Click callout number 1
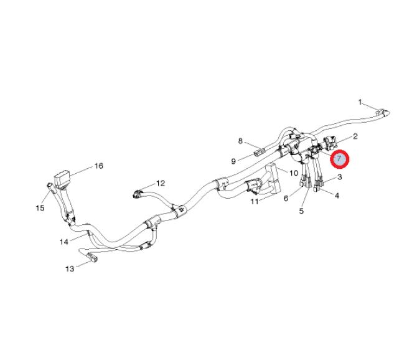360,101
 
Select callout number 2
355,136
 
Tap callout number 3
340,178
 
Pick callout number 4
337,196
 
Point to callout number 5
301,211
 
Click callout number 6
286,199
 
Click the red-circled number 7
339,159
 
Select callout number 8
240,141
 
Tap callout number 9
233,161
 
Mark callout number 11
255,202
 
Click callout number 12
161,183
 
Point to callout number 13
70,268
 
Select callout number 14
63,241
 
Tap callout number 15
40,208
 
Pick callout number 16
98,166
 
